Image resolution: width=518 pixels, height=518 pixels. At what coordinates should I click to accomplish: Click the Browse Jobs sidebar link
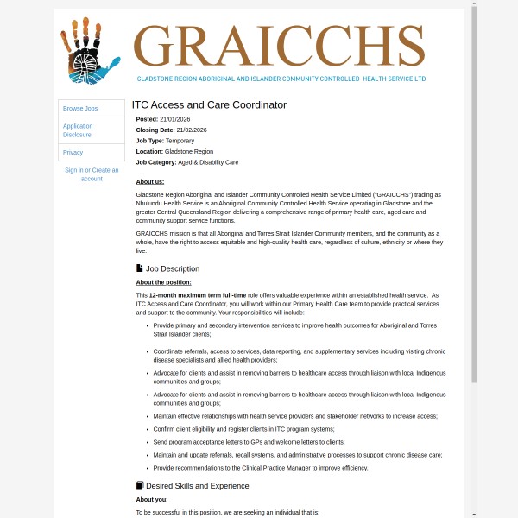[80, 109]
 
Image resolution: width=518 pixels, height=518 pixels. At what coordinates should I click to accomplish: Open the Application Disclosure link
[78, 130]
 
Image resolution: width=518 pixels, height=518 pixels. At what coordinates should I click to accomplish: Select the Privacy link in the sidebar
[73, 152]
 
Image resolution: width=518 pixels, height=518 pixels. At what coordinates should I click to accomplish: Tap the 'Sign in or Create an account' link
[92, 174]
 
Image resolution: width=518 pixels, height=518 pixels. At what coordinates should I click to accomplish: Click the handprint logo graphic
[89, 51]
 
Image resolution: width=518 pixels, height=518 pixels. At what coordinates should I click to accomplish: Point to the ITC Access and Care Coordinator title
[209, 105]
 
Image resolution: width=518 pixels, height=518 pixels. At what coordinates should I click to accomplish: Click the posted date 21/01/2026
[175, 119]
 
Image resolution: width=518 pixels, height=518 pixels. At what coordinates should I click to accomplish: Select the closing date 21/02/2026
[192, 129]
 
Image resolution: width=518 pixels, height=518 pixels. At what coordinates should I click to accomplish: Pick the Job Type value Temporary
[180, 141]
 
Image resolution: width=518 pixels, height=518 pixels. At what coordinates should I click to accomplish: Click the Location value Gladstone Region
[189, 151]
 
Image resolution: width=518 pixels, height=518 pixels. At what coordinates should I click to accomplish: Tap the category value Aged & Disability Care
[208, 162]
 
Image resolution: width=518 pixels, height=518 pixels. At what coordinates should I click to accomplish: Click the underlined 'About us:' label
[150, 181]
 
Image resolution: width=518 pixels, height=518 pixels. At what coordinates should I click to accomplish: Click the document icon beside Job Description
[140, 268]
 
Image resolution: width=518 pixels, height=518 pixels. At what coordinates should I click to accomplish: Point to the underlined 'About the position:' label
[164, 282]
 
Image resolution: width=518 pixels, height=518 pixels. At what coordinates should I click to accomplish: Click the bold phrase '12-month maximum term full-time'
[186, 295]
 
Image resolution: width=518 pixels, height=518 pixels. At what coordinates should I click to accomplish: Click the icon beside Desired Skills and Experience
[140, 485]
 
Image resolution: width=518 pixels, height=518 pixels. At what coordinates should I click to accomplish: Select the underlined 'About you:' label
[152, 499]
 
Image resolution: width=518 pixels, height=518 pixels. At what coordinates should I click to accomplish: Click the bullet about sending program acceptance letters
[249, 442]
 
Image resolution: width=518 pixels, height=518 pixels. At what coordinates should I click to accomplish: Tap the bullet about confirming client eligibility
[243, 429]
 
